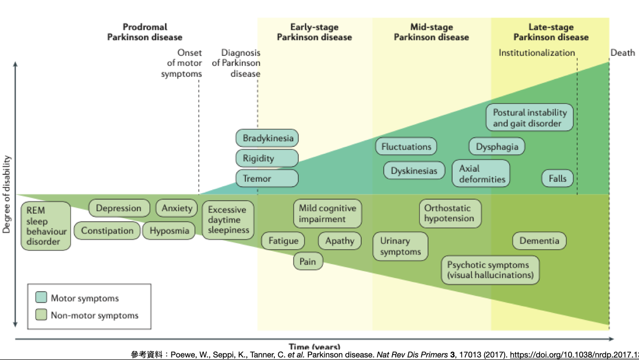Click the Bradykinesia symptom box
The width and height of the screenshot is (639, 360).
click(267, 138)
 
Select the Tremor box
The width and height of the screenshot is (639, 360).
click(267, 178)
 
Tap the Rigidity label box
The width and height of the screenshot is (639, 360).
click(267, 158)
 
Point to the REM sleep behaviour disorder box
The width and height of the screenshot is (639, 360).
click(46, 226)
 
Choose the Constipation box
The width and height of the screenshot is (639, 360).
click(107, 230)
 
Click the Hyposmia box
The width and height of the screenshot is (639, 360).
click(169, 230)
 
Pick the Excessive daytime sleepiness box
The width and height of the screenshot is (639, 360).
click(227, 220)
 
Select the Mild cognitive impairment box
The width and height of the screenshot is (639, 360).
click(327, 214)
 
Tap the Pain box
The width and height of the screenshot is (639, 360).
click(308, 261)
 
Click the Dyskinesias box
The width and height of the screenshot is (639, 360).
click(414, 170)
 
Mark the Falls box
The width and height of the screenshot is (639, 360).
click(558, 178)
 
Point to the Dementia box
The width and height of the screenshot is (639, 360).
click(539, 241)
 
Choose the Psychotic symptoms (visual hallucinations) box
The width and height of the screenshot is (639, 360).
click(490, 270)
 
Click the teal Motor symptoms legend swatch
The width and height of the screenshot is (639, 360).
click(41, 298)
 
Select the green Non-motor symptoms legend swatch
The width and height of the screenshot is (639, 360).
click(41, 315)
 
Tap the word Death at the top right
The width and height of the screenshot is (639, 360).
click(623, 53)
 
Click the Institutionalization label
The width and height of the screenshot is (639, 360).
click(537, 53)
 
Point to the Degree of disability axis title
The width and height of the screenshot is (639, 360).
click(6, 194)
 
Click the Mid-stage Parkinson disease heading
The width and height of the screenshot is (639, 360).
click(431, 32)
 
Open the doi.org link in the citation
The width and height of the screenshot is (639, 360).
click(575, 355)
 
